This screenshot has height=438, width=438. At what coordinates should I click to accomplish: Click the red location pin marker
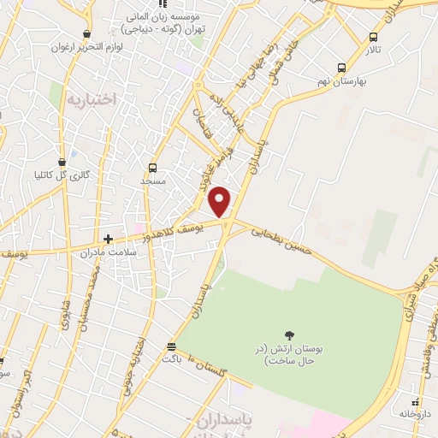tap(221, 201)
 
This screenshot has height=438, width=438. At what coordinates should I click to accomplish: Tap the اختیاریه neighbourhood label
tap(89, 99)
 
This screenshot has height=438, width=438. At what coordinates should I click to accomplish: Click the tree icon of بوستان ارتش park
tap(288, 336)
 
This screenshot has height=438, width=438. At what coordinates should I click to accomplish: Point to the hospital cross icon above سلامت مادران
tap(109, 240)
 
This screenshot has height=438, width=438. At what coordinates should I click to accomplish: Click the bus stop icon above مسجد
tap(152, 168)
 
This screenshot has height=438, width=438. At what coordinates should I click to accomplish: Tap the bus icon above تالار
tap(372, 37)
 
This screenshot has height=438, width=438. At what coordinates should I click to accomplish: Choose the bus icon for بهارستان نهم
tap(341, 68)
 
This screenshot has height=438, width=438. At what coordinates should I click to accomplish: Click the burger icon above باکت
tap(172, 346)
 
